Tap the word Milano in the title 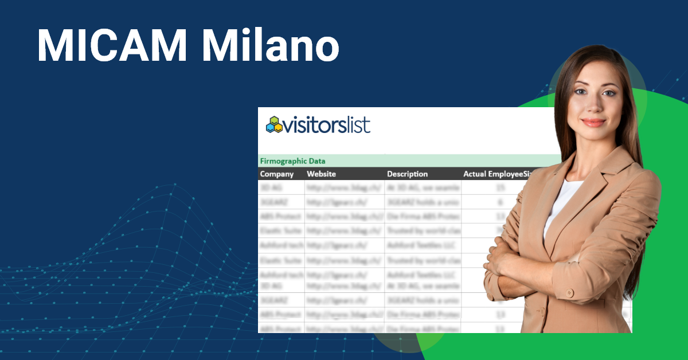tap(270, 45)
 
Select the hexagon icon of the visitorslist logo tap(275, 125)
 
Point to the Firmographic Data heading tap(292, 161)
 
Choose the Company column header tap(277, 174)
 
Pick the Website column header tap(322, 174)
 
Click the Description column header tap(408, 174)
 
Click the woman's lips tap(593, 122)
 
